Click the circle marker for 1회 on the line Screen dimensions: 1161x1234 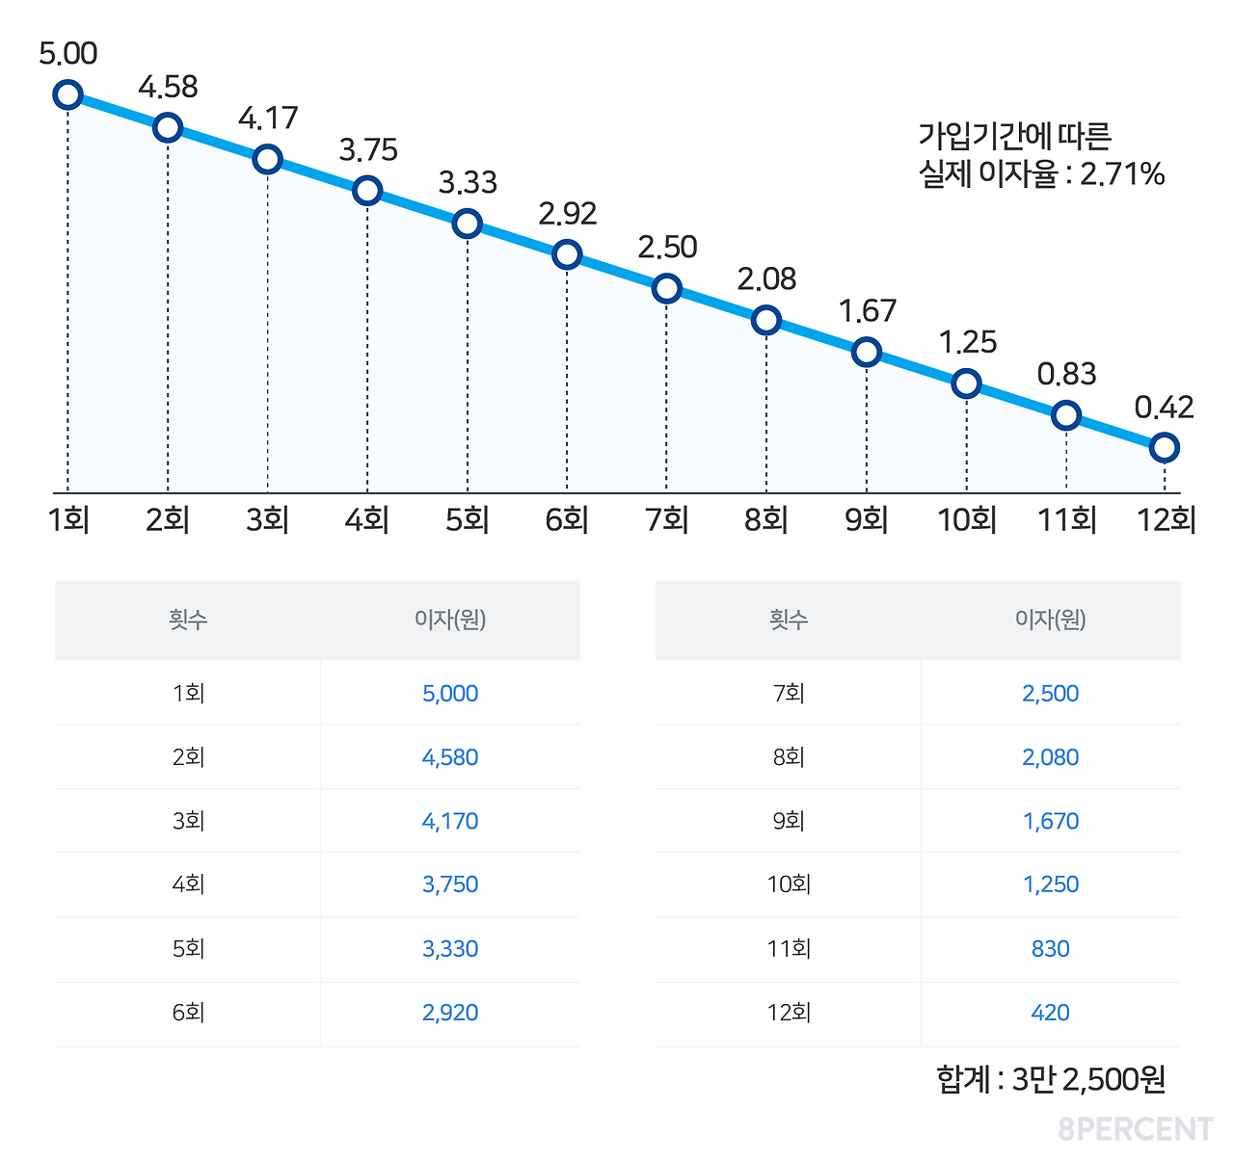(67, 94)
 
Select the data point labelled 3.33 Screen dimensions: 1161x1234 (467, 224)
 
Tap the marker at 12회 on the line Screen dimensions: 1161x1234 (1165, 447)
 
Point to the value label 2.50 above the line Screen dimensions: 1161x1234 (667, 248)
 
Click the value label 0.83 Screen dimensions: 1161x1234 (1066, 375)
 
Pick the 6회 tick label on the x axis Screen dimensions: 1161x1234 (567, 520)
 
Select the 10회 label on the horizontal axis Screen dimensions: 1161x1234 (967, 520)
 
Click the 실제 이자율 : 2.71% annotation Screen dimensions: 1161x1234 (1041, 174)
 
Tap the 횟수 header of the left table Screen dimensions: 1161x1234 (188, 620)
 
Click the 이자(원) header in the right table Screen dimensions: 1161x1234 (1050, 620)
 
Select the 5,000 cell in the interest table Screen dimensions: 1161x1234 (450, 694)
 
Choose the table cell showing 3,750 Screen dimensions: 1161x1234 (450, 884)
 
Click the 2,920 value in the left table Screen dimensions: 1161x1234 (450, 1013)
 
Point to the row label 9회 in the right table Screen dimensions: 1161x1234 (789, 821)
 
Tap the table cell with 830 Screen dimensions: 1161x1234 (1050, 949)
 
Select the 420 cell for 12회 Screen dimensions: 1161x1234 (1050, 1013)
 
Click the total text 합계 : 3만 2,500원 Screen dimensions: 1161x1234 (1051, 1079)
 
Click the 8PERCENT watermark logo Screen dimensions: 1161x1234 (1135, 1129)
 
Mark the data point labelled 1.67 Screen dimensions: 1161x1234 (867, 352)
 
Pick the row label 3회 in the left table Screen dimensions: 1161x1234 (188, 821)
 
